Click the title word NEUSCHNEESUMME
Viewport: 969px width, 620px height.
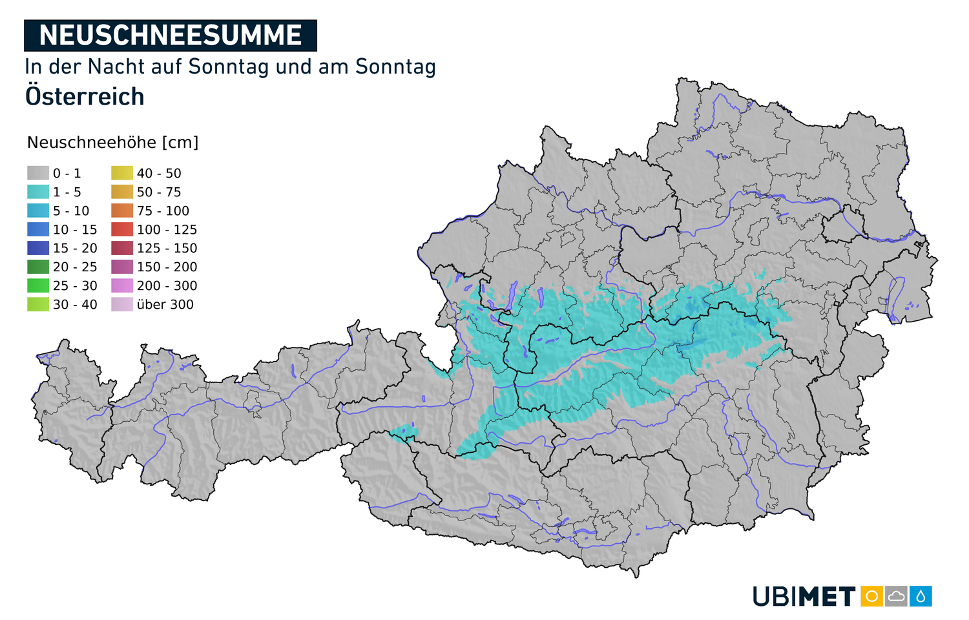[x=171, y=36]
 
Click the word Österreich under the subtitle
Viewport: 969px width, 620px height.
[x=85, y=97]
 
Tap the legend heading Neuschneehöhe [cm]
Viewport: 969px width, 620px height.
[x=112, y=143]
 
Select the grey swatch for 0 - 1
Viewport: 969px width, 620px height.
[x=38, y=173]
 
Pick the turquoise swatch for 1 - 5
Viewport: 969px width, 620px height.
[x=38, y=192]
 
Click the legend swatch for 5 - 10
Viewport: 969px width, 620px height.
[x=38, y=211]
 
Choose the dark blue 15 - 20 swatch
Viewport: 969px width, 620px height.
[x=38, y=248]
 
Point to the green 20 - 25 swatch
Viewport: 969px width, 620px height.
[x=38, y=267]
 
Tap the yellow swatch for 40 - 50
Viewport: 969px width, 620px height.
[x=122, y=173]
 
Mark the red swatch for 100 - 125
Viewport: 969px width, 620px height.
[x=122, y=229]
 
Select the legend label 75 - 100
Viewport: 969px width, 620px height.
[x=163, y=211]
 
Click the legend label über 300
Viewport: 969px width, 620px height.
[x=165, y=305]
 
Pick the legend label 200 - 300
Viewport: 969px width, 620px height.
[x=167, y=286]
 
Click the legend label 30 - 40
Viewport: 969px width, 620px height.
[x=75, y=305]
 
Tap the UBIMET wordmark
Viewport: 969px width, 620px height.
[x=804, y=597]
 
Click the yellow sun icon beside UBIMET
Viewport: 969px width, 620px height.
[x=871, y=596]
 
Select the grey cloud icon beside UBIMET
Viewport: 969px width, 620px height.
[x=896, y=596]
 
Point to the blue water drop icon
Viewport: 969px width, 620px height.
[x=921, y=596]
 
